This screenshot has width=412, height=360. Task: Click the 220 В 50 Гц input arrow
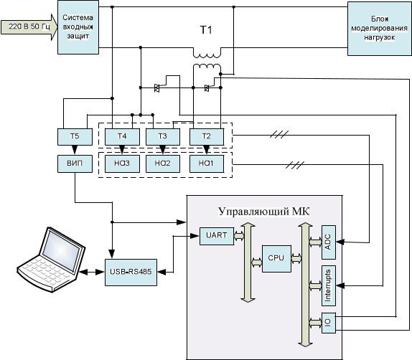(29, 27)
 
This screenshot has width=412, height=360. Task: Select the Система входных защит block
(78, 27)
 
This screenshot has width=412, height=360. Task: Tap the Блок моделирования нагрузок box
(380, 29)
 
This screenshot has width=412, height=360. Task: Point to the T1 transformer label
(206, 29)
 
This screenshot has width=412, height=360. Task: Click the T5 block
(75, 136)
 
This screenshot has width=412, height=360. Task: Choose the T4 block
(122, 136)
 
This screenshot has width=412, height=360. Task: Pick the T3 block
(163, 136)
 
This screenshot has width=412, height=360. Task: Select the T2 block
(207, 136)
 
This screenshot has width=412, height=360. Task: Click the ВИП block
(75, 164)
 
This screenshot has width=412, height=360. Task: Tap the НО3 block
(122, 164)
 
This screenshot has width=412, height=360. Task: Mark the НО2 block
(163, 164)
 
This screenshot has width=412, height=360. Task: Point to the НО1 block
(207, 164)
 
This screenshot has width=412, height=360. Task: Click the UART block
(217, 237)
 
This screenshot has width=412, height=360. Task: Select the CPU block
(276, 259)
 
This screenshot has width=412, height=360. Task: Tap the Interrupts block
(329, 285)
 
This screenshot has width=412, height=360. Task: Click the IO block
(329, 323)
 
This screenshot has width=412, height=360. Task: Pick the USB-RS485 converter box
(131, 273)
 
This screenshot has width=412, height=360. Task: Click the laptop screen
(61, 250)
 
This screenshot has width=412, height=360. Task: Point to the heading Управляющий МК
(264, 212)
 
